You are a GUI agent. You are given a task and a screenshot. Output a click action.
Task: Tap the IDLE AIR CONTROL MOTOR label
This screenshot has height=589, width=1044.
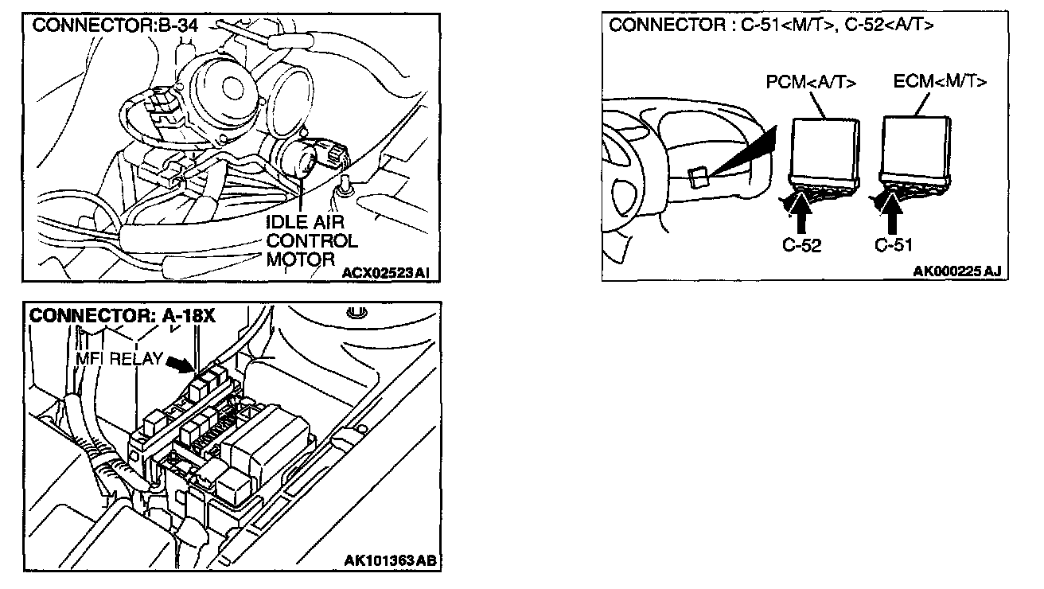(x=310, y=239)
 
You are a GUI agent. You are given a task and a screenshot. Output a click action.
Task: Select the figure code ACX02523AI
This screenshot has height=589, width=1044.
(x=386, y=273)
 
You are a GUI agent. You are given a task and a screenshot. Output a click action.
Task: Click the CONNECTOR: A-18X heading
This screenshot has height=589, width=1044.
(x=122, y=315)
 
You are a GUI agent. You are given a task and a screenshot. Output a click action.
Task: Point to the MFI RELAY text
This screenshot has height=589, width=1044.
(x=119, y=359)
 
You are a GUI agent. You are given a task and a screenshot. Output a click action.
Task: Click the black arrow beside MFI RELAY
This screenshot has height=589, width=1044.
(x=179, y=364)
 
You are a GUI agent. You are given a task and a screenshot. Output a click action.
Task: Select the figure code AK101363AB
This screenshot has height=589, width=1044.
(x=389, y=560)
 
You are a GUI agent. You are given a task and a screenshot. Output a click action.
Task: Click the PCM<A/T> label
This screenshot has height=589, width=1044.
(x=811, y=82)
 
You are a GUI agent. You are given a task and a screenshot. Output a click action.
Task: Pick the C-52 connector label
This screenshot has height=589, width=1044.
(x=801, y=245)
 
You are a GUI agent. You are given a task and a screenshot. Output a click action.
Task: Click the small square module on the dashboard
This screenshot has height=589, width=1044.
(x=699, y=177)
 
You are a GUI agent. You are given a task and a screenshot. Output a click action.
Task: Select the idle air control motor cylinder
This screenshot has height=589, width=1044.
(x=302, y=158)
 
